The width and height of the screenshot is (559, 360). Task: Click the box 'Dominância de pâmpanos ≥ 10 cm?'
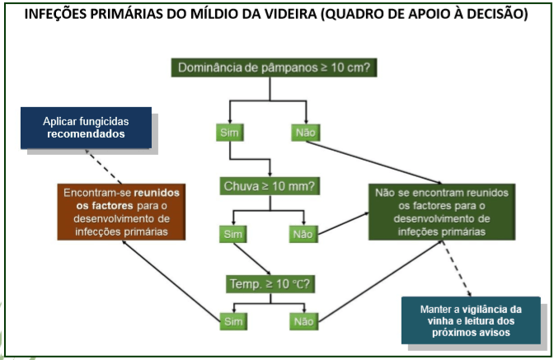274,68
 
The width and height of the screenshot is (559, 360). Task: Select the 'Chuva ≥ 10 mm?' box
270,186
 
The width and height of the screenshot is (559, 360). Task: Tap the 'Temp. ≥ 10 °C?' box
270,284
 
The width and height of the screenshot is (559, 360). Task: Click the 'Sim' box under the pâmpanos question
229,133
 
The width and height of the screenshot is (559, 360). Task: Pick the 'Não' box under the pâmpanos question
306,133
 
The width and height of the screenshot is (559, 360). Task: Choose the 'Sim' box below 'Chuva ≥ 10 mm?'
233,234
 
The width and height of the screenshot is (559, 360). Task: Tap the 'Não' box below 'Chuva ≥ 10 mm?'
303,234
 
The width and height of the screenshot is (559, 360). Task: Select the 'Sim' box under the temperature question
233,321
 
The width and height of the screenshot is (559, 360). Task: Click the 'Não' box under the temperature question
303,321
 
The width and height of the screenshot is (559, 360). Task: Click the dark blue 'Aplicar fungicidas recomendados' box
86,128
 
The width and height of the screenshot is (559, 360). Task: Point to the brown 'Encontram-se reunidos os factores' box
121,212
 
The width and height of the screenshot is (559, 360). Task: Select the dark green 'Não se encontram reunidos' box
442,212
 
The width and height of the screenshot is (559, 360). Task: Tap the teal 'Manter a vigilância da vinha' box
471,320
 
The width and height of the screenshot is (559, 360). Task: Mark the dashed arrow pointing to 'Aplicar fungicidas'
103,166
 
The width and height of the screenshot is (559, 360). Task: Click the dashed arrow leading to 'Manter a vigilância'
457,269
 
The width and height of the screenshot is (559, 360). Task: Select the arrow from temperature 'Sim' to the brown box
171,281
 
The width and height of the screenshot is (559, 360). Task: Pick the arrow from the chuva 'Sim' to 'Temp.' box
251,259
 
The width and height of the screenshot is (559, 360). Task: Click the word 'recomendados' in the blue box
86,134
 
